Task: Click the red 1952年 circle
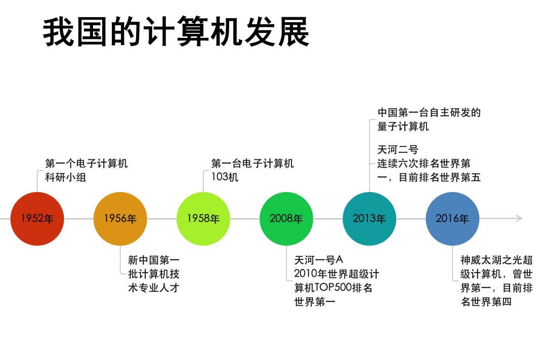pyautogui.click(x=37, y=218)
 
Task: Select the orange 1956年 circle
pyautogui.click(x=120, y=218)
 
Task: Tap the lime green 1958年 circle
pyautogui.click(x=203, y=218)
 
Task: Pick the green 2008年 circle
pyautogui.click(x=286, y=218)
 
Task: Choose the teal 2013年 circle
pyautogui.click(x=369, y=218)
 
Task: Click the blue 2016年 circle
pyautogui.click(x=452, y=218)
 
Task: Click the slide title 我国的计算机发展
pyautogui.click(x=176, y=32)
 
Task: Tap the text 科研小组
pyautogui.click(x=66, y=177)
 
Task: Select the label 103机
pyautogui.click(x=225, y=177)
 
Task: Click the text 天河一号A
pyautogui.click(x=319, y=260)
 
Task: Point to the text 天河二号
pyautogui.click(x=398, y=150)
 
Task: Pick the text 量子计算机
pyautogui.click(x=403, y=126)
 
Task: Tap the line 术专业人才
pyautogui.click(x=154, y=288)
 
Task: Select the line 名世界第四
pyautogui.click(x=486, y=302)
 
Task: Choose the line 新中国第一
pyautogui.click(x=154, y=260)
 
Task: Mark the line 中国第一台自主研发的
pyautogui.click(x=429, y=112)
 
